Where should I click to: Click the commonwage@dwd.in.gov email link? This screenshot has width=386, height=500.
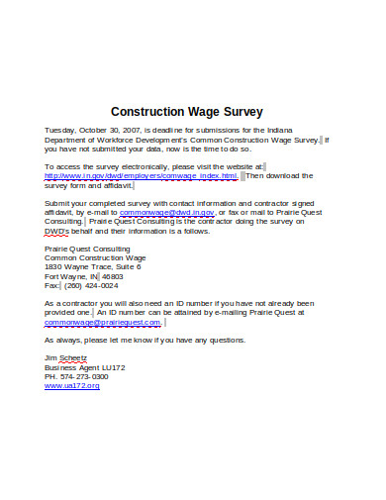[x=166, y=212]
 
